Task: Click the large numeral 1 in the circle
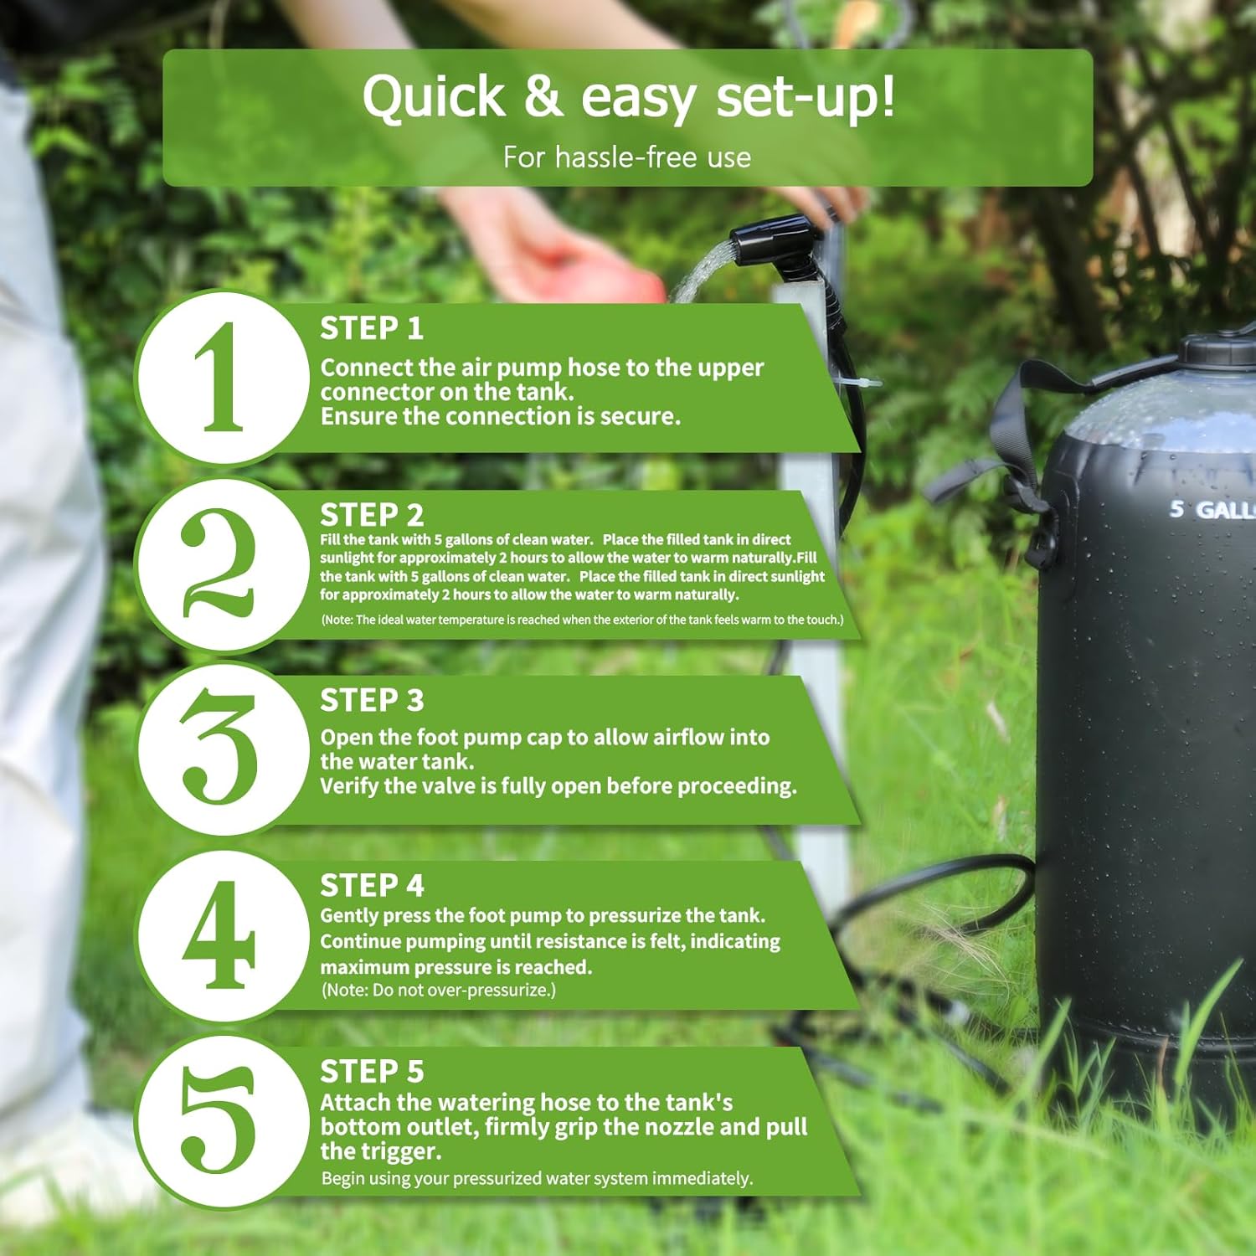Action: coord(219,377)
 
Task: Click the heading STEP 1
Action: coord(371,328)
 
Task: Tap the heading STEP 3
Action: coord(371,700)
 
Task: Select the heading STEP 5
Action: coord(371,1072)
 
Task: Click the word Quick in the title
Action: coord(433,98)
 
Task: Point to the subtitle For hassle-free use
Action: coord(626,157)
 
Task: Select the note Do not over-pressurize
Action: coord(438,991)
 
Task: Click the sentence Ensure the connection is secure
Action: coord(500,416)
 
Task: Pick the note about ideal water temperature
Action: coord(582,620)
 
